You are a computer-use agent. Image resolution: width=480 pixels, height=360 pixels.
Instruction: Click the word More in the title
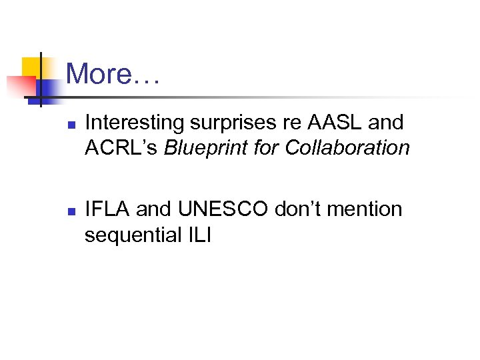click(x=99, y=73)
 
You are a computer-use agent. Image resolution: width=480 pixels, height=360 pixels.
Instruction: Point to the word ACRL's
click(x=122, y=147)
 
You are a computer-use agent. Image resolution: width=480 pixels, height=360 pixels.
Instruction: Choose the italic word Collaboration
click(x=347, y=147)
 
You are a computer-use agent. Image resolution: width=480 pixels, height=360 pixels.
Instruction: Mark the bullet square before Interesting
click(x=71, y=125)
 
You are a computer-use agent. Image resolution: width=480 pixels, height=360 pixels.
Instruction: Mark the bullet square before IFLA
click(x=71, y=211)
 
